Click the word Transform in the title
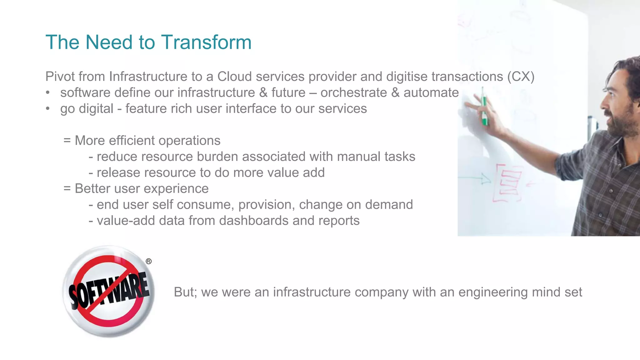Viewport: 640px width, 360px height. (206, 42)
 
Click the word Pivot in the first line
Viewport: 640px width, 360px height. (60, 77)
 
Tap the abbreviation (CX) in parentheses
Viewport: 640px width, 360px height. (521, 77)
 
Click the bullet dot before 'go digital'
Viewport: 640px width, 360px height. (48, 109)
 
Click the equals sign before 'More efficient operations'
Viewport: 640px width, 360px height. (67, 141)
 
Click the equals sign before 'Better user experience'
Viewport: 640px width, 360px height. (67, 189)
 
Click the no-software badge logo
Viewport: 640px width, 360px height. (108, 291)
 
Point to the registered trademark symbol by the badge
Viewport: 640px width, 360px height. (149, 261)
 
